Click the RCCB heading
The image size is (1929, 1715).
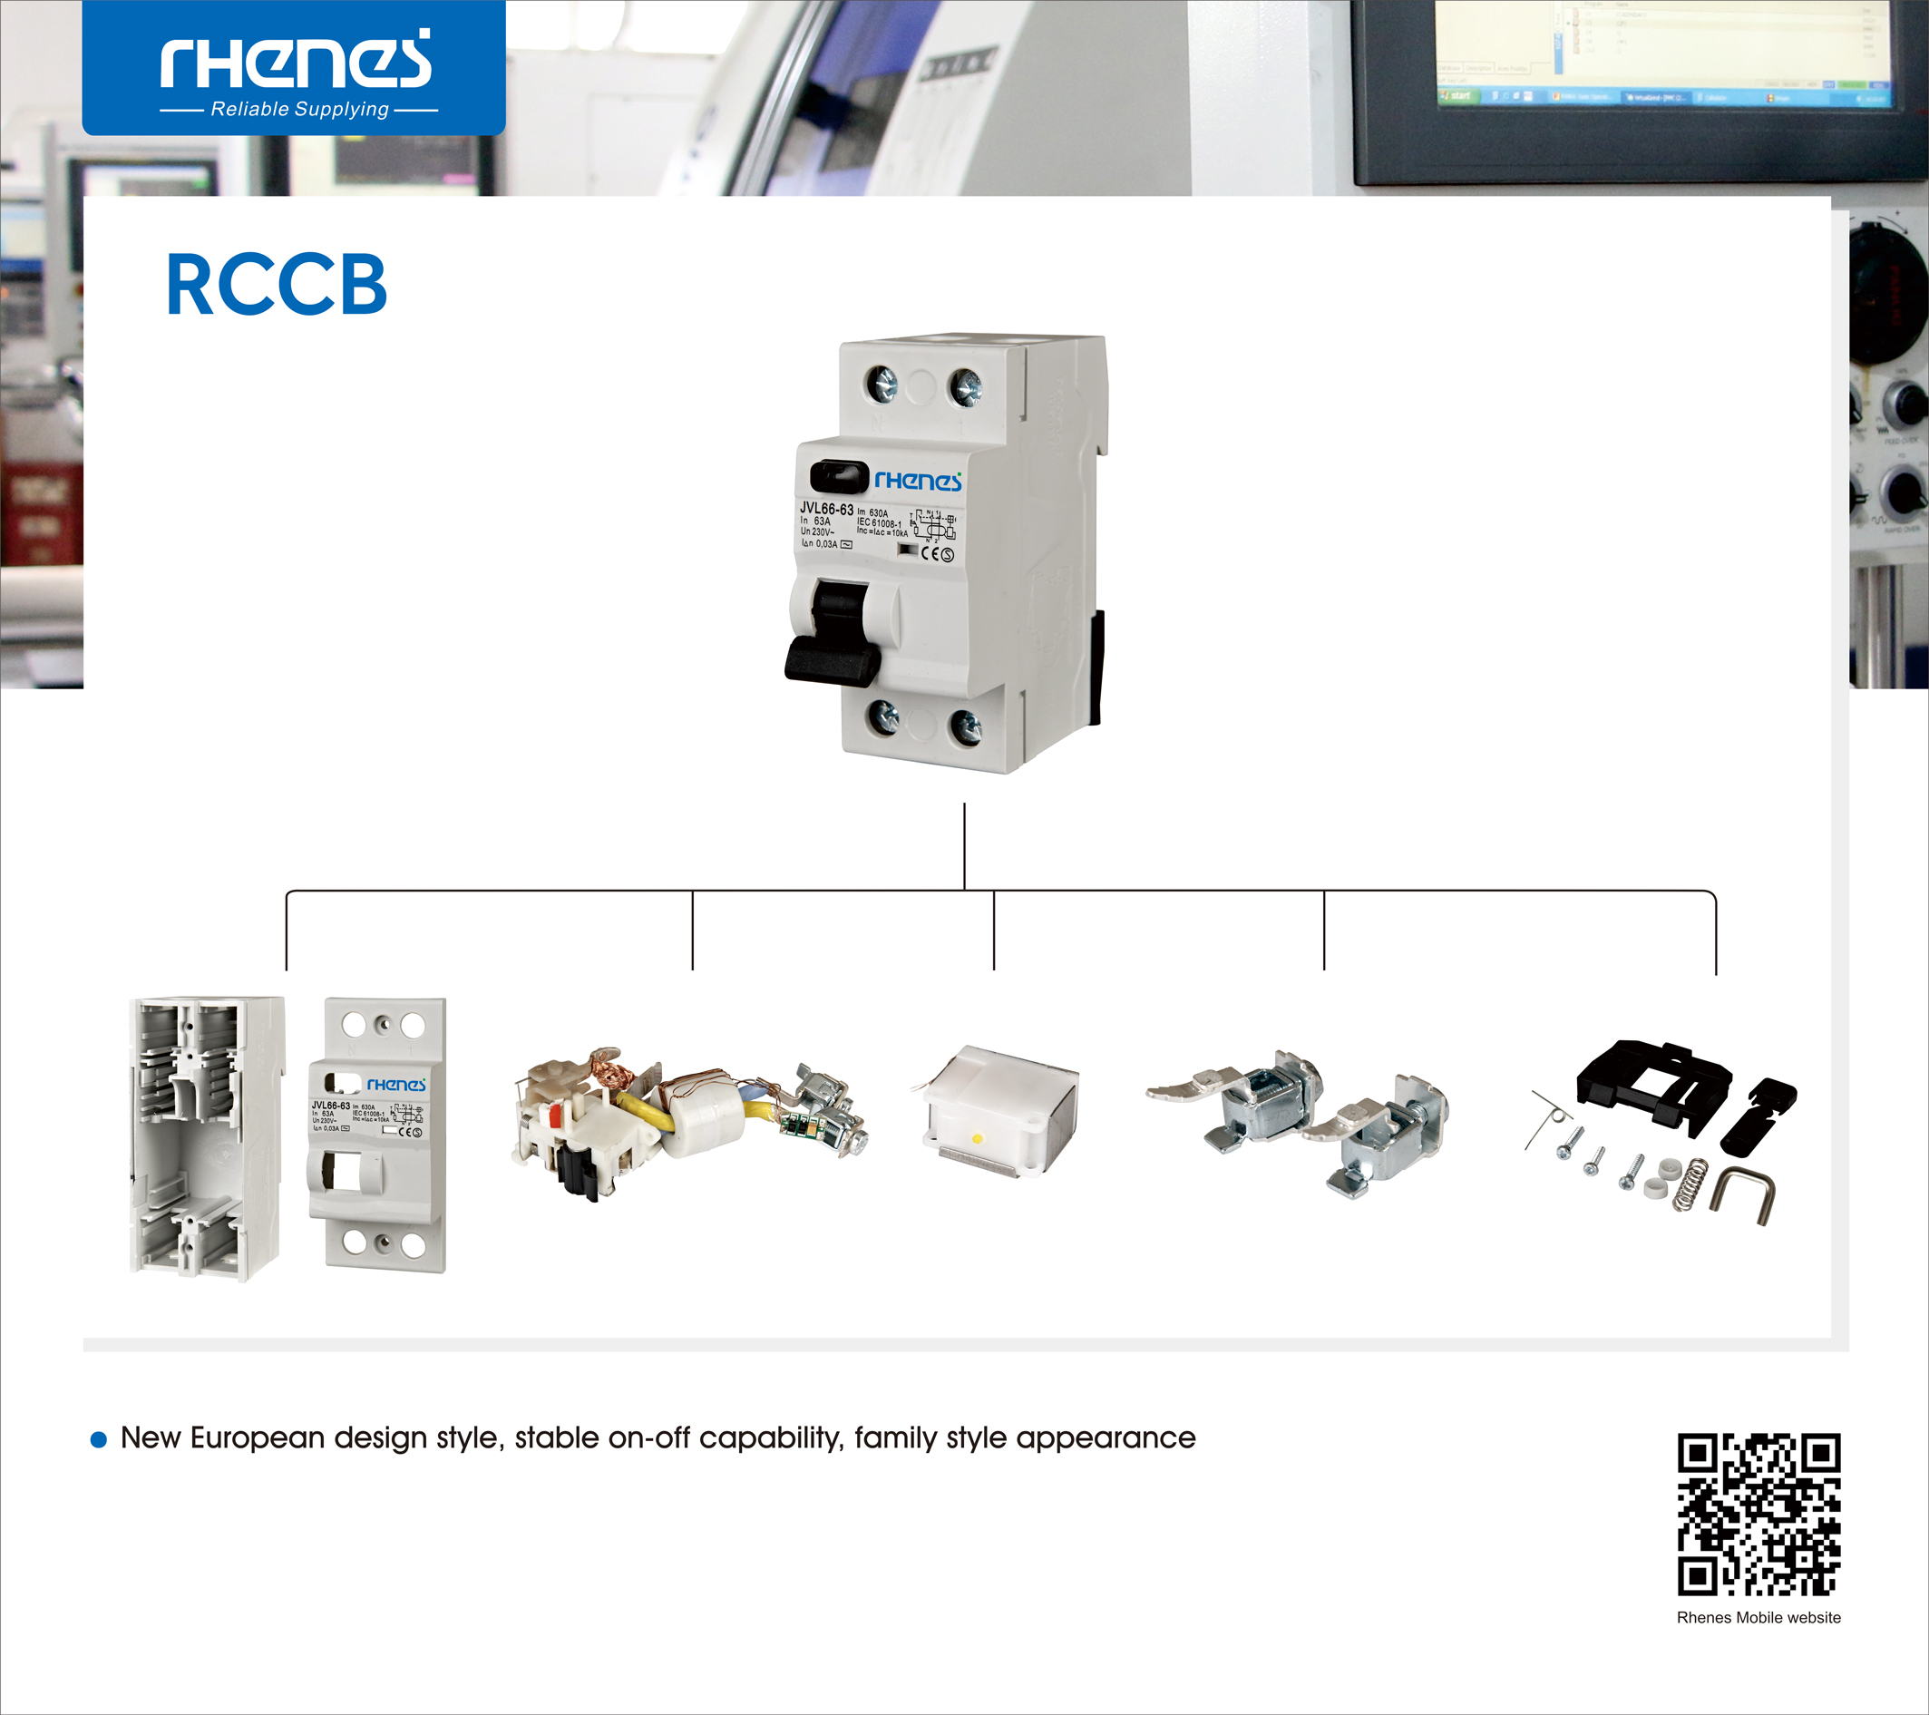(x=276, y=284)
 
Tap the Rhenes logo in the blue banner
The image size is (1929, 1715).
(x=296, y=61)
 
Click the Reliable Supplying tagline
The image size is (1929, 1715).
(x=299, y=110)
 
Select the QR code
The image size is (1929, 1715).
(x=1759, y=1514)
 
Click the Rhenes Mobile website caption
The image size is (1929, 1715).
(x=1759, y=1617)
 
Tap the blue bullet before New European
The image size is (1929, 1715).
(x=98, y=1439)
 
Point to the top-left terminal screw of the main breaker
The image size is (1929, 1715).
(x=882, y=385)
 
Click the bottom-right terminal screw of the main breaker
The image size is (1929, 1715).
(x=966, y=726)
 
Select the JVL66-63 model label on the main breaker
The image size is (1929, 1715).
(x=826, y=509)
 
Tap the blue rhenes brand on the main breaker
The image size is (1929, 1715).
(x=917, y=481)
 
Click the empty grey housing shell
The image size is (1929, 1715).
(x=204, y=1137)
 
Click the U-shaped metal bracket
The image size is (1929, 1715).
(x=1742, y=1191)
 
